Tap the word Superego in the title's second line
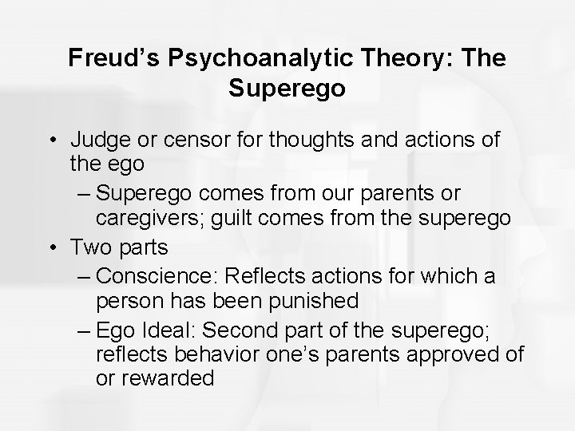pyautogui.click(x=287, y=88)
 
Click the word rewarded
pyautogui.click(x=166, y=378)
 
